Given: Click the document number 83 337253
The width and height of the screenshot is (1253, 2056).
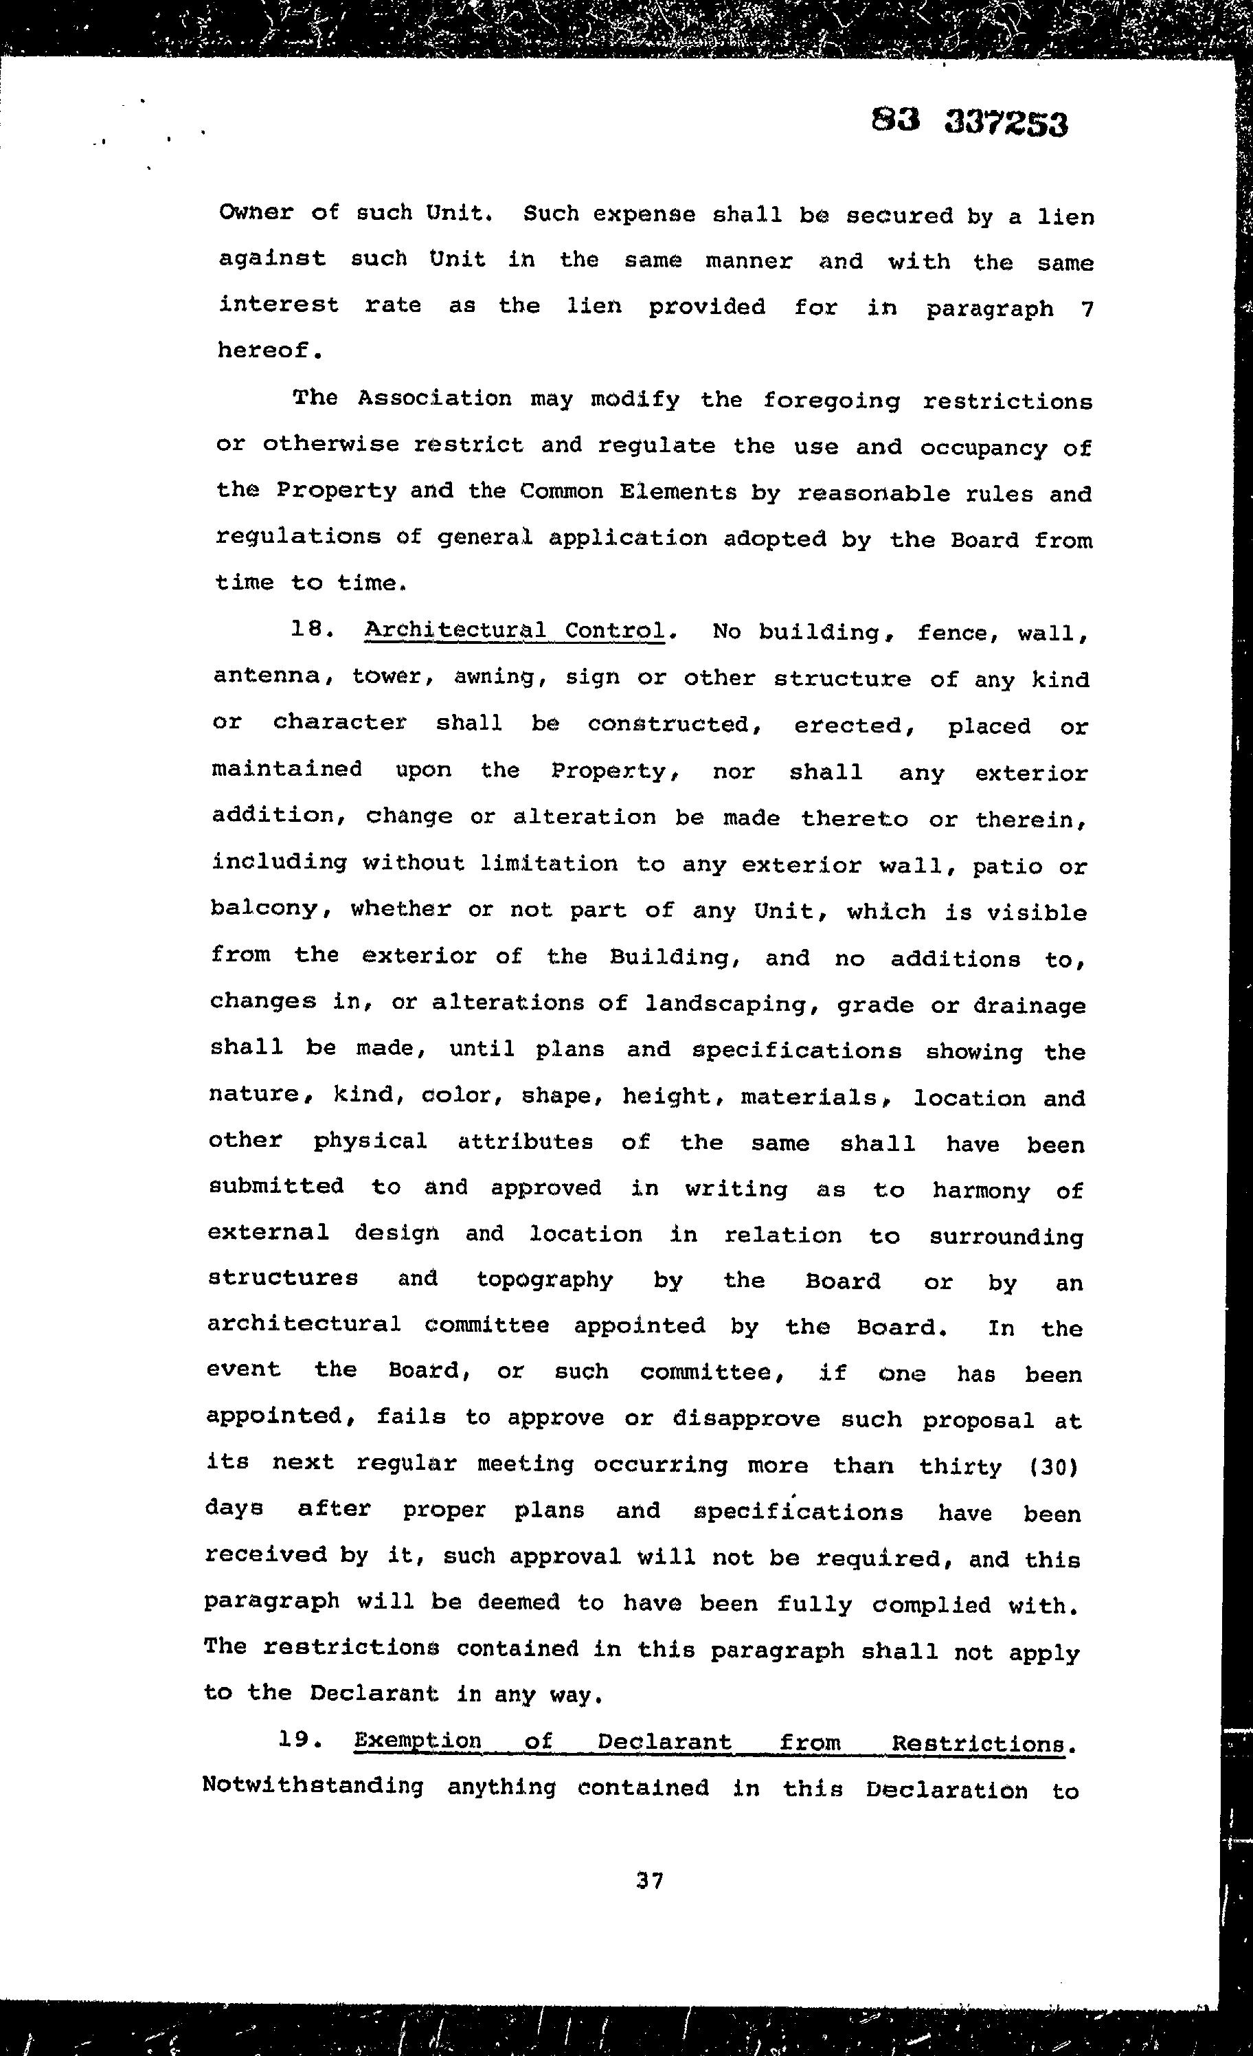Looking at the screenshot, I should pos(969,122).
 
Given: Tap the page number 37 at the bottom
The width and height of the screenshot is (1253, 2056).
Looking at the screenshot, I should pos(649,1881).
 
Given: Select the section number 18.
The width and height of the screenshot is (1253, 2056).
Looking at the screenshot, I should pos(312,630).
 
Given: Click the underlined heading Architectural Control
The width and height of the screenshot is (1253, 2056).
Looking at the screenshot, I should pos(515,631).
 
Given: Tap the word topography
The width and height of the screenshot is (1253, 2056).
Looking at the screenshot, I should pos(544,1280).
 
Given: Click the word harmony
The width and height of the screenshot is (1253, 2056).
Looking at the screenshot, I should pos(981,1191).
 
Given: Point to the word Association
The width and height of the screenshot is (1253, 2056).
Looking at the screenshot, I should pos(435,398).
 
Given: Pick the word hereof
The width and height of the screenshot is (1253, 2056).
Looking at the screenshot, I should pos(269,350).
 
